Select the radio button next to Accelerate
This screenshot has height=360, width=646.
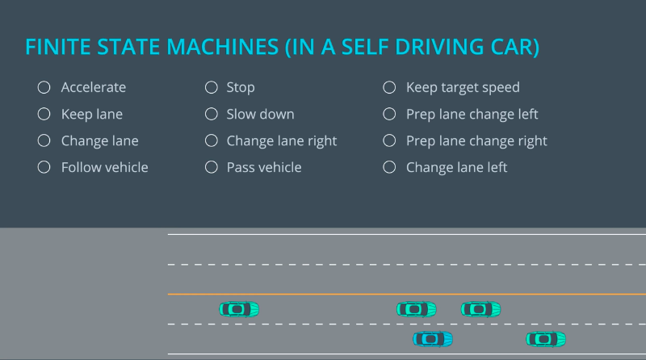click(x=44, y=87)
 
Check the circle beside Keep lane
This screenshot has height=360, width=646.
click(x=44, y=114)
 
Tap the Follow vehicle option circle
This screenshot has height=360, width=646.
click(x=44, y=167)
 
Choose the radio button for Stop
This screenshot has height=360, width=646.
click(x=212, y=87)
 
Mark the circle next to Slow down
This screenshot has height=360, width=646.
click(x=212, y=114)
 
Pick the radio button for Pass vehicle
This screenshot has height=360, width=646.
click(x=212, y=167)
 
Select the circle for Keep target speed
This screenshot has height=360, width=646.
click(x=389, y=87)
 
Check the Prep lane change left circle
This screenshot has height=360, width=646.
click(x=389, y=114)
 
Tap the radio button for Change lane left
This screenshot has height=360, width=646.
click(x=389, y=167)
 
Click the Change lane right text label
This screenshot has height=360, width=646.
click(x=281, y=140)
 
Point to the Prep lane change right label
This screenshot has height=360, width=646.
click(x=476, y=140)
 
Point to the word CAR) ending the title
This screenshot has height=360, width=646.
click(x=517, y=47)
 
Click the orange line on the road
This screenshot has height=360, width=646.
click(x=404, y=295)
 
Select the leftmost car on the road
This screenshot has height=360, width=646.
click(x=239, y=308)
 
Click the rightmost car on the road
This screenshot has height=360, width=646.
click(x=546, y=339)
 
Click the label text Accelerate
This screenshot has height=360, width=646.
click(x=94, y=87)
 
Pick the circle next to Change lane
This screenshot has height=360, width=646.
click(x=44, y=140)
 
